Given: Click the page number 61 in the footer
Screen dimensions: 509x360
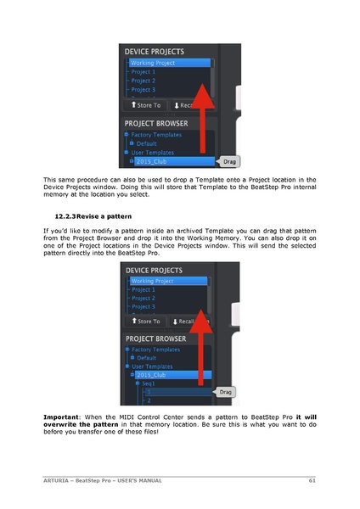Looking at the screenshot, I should click(x=312, y=481).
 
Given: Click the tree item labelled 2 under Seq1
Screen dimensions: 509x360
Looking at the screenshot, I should click(x=148, y=400).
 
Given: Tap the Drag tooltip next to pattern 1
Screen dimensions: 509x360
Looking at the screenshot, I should click(x=226, y=392).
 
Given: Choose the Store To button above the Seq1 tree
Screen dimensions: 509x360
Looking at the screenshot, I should click(x=145, y=322).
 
